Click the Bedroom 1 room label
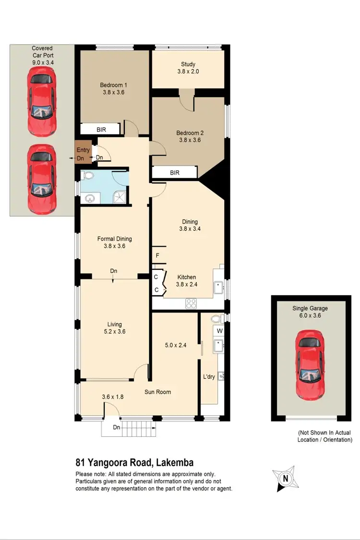tap(114, 89)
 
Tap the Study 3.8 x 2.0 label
tap(188, 68)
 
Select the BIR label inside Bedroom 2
tap(175, 172)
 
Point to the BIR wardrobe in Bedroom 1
tap(101, 129)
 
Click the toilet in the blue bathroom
tap(85, 175)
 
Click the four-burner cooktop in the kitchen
tap(191, 303)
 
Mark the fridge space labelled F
tap(157, 255)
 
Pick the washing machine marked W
tap(219, 331)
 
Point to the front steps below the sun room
tap(129, 428)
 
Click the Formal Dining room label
tap(114, 242)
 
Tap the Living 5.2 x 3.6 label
tap(114, 328)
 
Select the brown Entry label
tap(83, 150)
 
